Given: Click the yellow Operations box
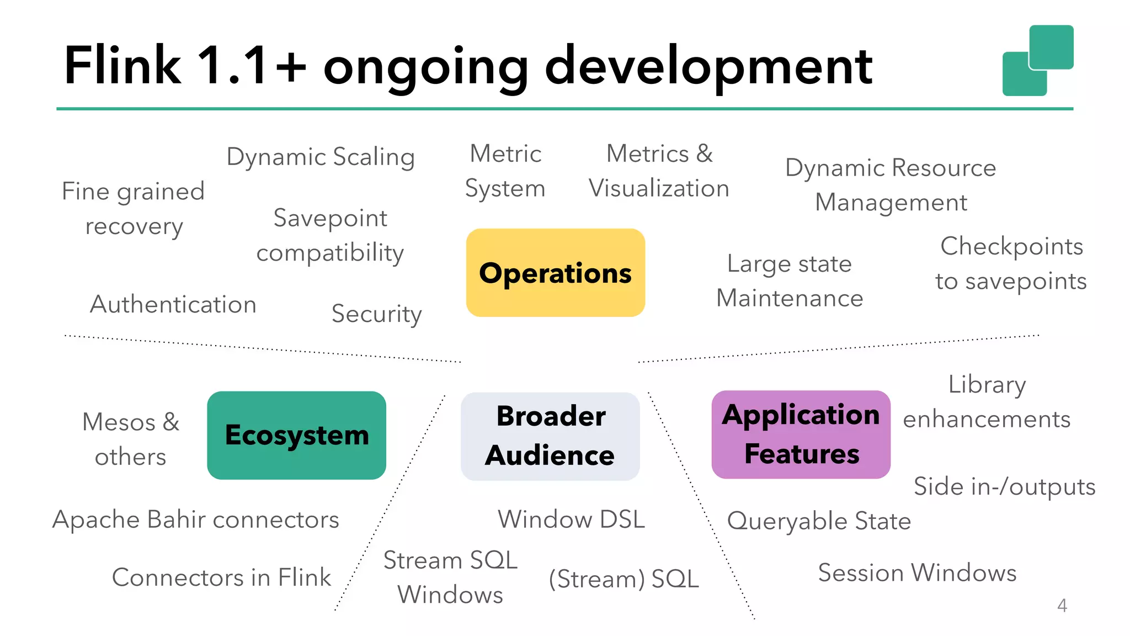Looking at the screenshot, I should coord(555,273).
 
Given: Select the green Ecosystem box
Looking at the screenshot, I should coord(296,435).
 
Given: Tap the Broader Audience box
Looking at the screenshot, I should coord(550,436).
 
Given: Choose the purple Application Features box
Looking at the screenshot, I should coord(801,434).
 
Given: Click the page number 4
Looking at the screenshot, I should coord(1062,606).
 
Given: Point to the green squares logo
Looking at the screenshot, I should coord(1037,60).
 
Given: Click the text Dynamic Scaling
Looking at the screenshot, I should coord(321,157).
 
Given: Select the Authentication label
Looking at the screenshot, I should coord(173,304).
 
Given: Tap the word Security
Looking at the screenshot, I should coord(376,314).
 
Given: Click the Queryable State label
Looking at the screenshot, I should coord(819,521).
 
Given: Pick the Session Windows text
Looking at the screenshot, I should coord(917,573).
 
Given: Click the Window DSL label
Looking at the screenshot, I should coord(571,520).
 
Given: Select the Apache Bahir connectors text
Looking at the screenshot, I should coord(196,520).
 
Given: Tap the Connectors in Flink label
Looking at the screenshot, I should coord(221,577).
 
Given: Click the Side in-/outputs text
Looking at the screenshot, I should coord(1004,486).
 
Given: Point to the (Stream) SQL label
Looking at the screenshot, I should coord(623,579).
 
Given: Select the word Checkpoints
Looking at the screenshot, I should coord(1011,246).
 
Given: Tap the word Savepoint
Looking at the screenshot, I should coord(330,218).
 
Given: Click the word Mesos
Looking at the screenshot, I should coord(119,422).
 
